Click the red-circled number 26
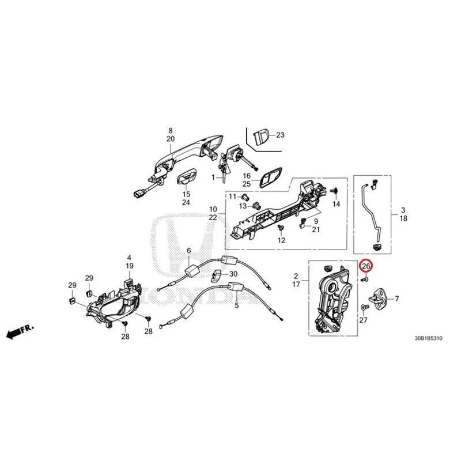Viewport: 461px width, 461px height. coord(366,266)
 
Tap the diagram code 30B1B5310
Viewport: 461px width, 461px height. coord(428,338)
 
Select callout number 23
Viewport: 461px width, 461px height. coord(280,135)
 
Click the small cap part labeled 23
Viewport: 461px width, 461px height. coord(260,137)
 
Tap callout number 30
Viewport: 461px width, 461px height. coord(233,274)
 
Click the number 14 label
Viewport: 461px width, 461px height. coord(336,204)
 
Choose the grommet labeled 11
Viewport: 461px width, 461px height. coord(244,196)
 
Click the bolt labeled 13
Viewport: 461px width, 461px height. coord(256,206)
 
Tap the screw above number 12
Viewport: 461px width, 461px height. coord(281,227)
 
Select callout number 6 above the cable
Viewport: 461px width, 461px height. coord(189,251)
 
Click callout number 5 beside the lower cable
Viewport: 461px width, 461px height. coord(237,305)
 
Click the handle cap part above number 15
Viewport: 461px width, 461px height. coord(186,177)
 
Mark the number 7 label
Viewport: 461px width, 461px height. coord(397,298)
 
